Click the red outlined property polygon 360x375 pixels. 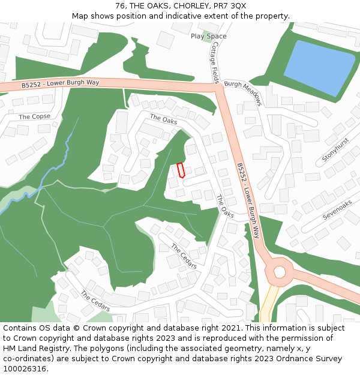(x=181, y=170)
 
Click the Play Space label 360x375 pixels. (x=208, y=36)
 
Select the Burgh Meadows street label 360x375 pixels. (x=243, y=93)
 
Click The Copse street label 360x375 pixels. (x=35, y=116)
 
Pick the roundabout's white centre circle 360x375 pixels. (x=280, y=272)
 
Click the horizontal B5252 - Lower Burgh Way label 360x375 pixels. (x=60, y=84)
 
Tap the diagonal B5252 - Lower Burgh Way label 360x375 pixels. (x=248, y=200)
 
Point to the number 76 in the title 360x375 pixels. (x=121, y=6)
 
